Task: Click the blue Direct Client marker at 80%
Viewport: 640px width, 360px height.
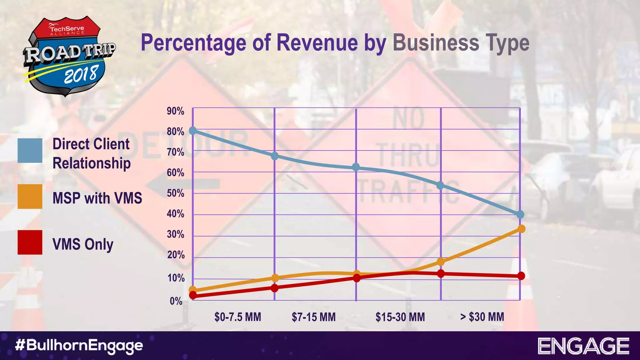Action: click(x=193, y=130)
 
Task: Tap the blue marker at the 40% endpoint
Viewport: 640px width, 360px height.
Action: click(x=520, y=214)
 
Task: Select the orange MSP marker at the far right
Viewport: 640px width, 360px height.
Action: click(x=521, y=229)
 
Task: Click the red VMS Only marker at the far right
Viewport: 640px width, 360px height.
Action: click(x=521, y=276)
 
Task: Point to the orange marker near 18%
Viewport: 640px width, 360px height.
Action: click(x=441, y=262)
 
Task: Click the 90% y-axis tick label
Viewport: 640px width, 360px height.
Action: click(x=175, y=111)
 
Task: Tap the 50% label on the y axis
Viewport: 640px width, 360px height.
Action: click(x=175, y=193)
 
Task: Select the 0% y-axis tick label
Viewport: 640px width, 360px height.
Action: click(x=176, y=301)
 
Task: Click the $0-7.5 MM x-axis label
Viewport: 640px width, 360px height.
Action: click(x=237, y=317)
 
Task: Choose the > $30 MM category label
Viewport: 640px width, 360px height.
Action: click(x=482, y=317)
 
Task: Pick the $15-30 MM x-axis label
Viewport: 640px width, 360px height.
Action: click(x=400, y=317)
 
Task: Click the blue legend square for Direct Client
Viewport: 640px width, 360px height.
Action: click(x=30, y=151)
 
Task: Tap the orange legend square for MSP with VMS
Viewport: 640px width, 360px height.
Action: click(x=30, y=197)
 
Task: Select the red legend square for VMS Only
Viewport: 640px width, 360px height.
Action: click(x=30, y=242)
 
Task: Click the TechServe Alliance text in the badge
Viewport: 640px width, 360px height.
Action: click(x=67, y=30)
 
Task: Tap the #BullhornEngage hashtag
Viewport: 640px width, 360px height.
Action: click(x=79, y=346)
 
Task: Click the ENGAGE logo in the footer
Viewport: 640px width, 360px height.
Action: click(x=583, y=346)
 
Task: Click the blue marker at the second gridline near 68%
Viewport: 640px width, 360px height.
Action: click(x=274, y=156)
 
